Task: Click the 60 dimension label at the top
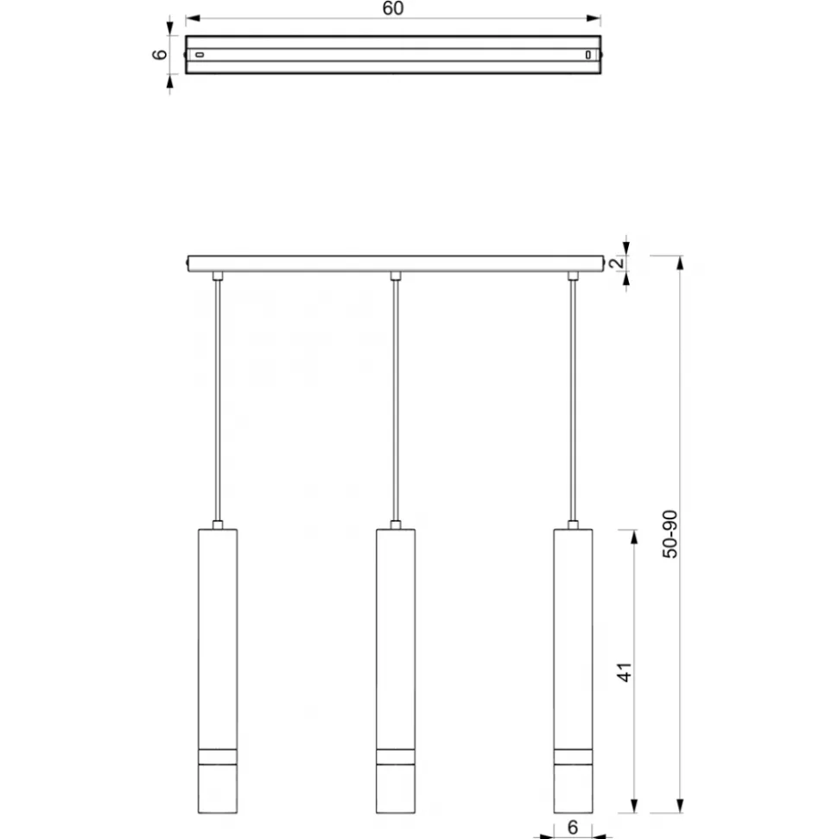(x=393, y=9)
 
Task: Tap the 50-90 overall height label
(x=670, y=534)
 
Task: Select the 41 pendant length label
(x=625, y=672)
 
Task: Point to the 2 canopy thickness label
(x=618, y=263)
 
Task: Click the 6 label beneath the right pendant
(x=573, y=827)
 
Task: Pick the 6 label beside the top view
(x=160, y=54)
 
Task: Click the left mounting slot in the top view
(x=200, y=54)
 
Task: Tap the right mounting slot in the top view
(x=587, y=54)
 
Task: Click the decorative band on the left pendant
(x=218, y=757)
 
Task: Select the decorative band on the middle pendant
(x=396, y=757)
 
